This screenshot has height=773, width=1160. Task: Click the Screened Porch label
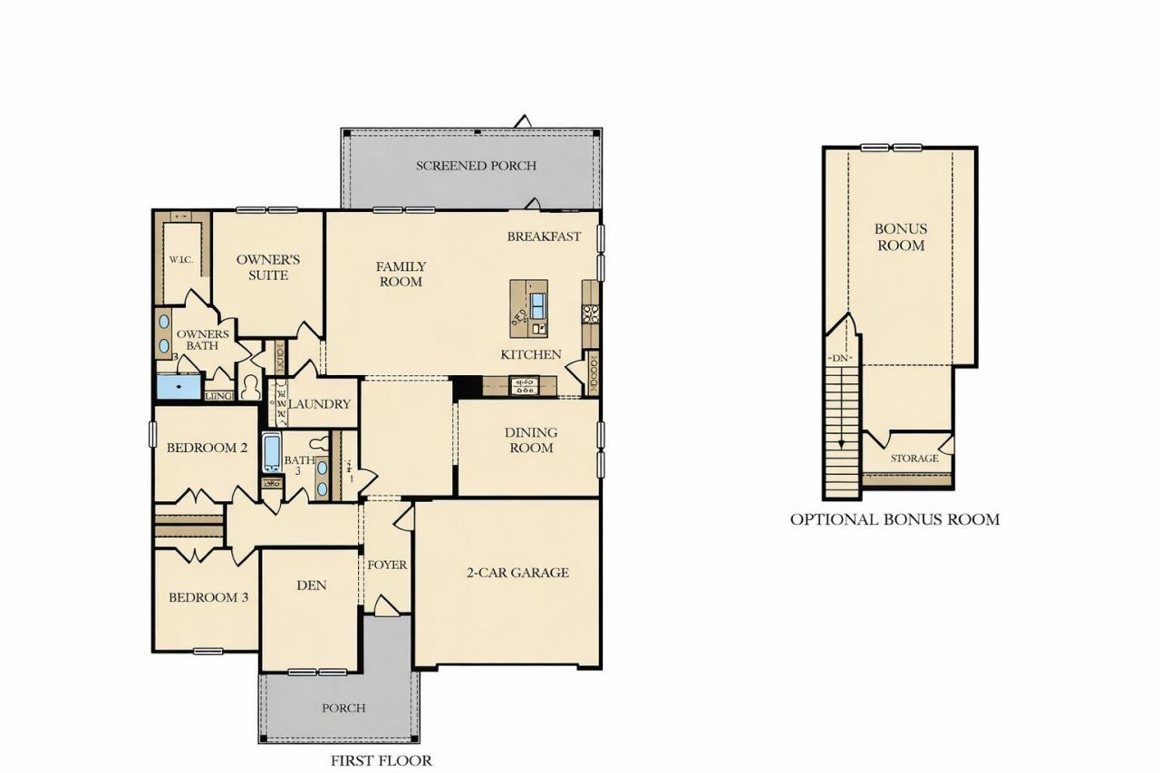click(476, 166)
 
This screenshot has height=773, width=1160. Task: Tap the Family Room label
click(401, 274)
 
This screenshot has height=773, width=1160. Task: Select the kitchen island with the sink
click(529, 308)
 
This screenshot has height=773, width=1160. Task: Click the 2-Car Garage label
click(517, 572)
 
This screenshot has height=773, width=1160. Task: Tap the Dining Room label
click(531, 440)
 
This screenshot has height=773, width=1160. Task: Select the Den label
click(311, 585)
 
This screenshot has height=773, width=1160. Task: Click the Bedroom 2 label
click(208, 448)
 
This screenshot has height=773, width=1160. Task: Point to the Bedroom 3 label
click(208, 598)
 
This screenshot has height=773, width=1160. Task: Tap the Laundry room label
click(319, 404)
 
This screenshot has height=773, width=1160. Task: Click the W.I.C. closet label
click(180, 259)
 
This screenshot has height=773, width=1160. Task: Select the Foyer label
click(387, 565)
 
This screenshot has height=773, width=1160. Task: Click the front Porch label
click(343, 708)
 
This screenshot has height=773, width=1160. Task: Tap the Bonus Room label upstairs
click(900, 237)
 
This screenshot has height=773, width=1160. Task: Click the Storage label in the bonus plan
click(914, 459)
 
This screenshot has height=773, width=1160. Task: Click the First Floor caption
click(382, 760)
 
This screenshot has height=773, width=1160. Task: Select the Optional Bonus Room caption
click(894, 519)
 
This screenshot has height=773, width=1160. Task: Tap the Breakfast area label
click(544, 237)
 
